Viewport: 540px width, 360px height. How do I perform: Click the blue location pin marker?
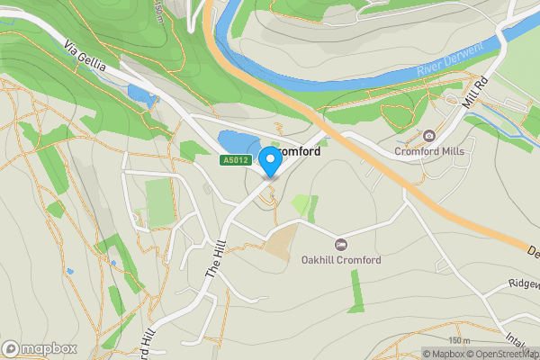269,163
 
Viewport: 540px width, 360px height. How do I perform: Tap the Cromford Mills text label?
429,151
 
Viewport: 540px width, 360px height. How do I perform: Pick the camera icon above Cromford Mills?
429,136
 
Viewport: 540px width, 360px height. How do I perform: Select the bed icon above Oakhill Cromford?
340,245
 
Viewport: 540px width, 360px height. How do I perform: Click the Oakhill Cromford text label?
341,260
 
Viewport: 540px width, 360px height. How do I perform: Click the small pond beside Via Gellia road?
139,92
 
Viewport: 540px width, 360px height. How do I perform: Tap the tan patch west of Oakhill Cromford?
280,241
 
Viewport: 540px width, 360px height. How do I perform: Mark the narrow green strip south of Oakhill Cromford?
356,291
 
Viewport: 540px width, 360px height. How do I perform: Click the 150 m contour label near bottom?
459,340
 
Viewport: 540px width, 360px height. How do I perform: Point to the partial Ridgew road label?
523,283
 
